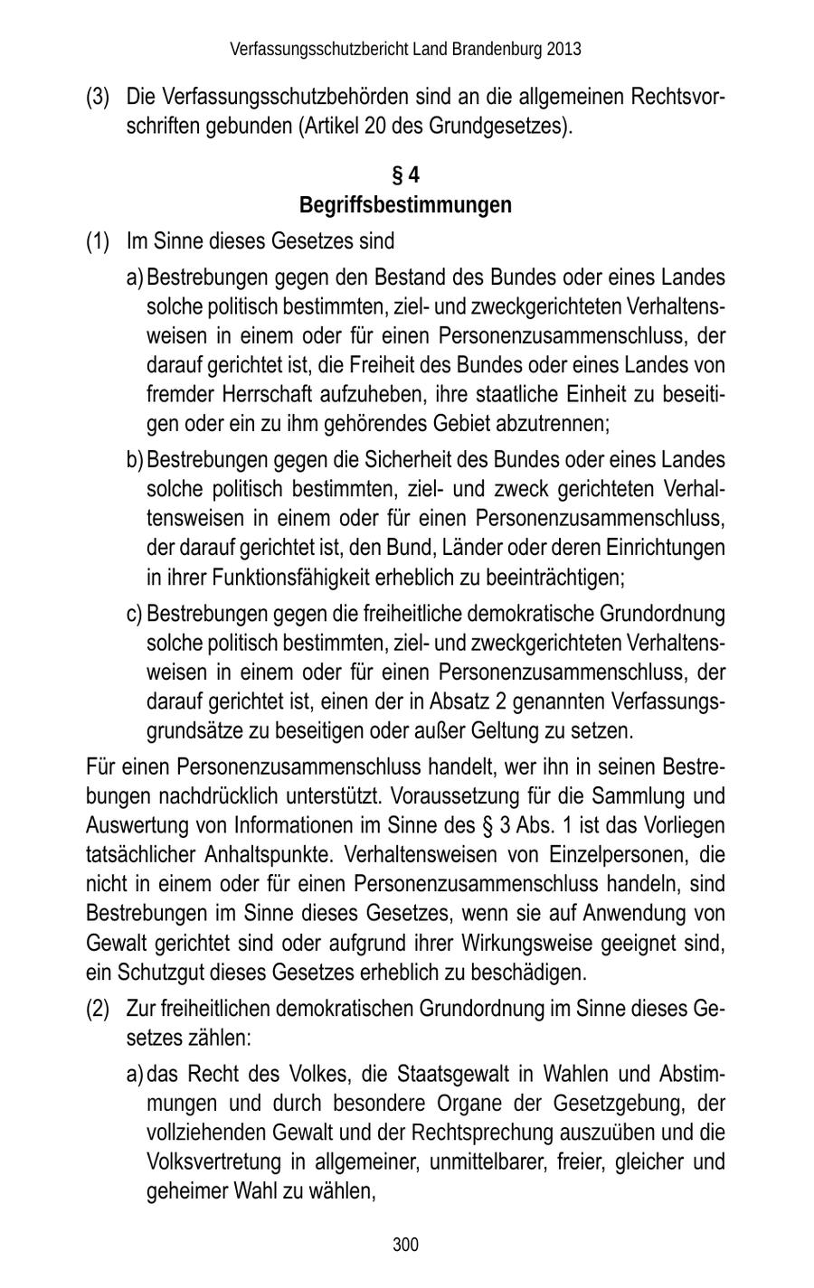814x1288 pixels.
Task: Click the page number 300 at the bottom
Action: (406, 1245)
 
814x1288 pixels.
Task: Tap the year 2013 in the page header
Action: (563, 49)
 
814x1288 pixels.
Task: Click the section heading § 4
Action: (405, 174)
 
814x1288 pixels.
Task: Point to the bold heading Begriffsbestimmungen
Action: (405, 205)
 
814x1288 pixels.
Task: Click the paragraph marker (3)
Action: (98, 96)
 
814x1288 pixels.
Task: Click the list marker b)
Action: (135, 460)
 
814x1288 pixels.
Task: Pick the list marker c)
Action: (135, 614)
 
